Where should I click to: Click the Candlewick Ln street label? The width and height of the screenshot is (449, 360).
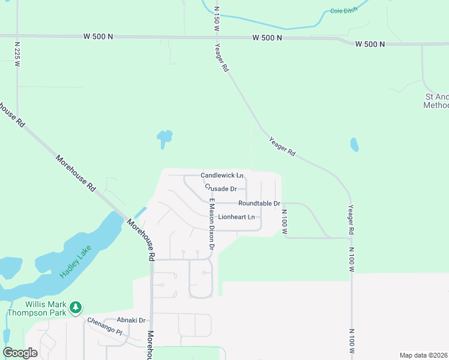coord(221,175)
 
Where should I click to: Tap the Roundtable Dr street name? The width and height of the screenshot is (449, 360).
coord(259,203)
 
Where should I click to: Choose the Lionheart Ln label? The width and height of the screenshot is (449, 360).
coord(236,217)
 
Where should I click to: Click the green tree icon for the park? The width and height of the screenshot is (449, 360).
coord(76,307)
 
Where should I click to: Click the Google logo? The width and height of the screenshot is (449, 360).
coord(20,353)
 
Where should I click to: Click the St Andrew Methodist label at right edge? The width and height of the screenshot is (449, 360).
coord(436,101)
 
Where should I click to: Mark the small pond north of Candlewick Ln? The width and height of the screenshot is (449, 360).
coord(164,139)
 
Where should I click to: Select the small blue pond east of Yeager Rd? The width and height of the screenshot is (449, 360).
coord(354,145)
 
